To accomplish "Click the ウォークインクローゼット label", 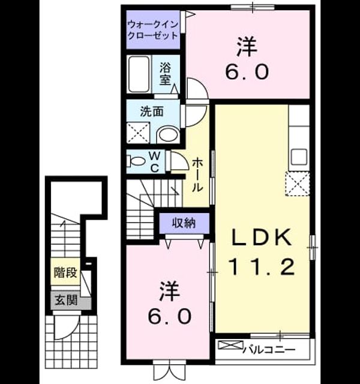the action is tap(153, 30).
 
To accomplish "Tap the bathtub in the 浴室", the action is tap(139, 74).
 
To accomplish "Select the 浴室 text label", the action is tap(165, 73).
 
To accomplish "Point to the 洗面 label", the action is tap(152, 112).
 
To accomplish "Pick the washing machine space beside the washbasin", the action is tap(138, 133).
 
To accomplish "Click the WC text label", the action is tap(155, 162).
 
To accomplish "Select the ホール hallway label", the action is tap(197, 175).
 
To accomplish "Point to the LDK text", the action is tap(262, 238).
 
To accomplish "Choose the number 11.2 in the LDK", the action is tap(261, 267).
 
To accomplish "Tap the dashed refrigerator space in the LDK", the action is tap(298, 184).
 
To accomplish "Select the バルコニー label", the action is tap(269, 350).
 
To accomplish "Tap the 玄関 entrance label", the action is tap(66, 300).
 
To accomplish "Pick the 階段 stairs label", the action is tap(65, 272).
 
